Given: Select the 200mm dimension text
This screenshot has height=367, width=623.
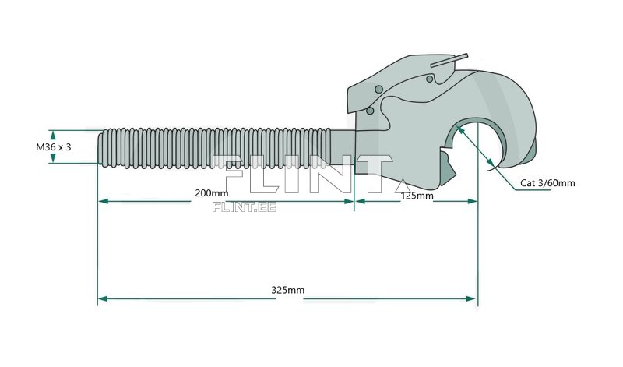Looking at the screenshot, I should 211,193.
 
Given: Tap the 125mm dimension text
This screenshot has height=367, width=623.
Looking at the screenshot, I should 417,196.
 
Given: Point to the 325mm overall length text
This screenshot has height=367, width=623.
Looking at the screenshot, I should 287,290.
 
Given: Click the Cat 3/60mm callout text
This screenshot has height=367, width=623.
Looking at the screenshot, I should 547,183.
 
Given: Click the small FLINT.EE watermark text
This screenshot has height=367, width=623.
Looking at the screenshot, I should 244,207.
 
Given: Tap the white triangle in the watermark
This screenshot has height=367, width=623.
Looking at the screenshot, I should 401,186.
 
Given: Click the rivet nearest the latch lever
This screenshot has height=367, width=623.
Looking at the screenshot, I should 429,79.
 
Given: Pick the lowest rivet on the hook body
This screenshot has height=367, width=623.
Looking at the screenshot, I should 369,111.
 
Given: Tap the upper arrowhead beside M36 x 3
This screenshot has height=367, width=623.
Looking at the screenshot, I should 53,133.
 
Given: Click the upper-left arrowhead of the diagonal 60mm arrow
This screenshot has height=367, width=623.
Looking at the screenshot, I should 460,129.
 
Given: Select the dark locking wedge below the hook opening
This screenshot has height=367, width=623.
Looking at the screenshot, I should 447,168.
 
